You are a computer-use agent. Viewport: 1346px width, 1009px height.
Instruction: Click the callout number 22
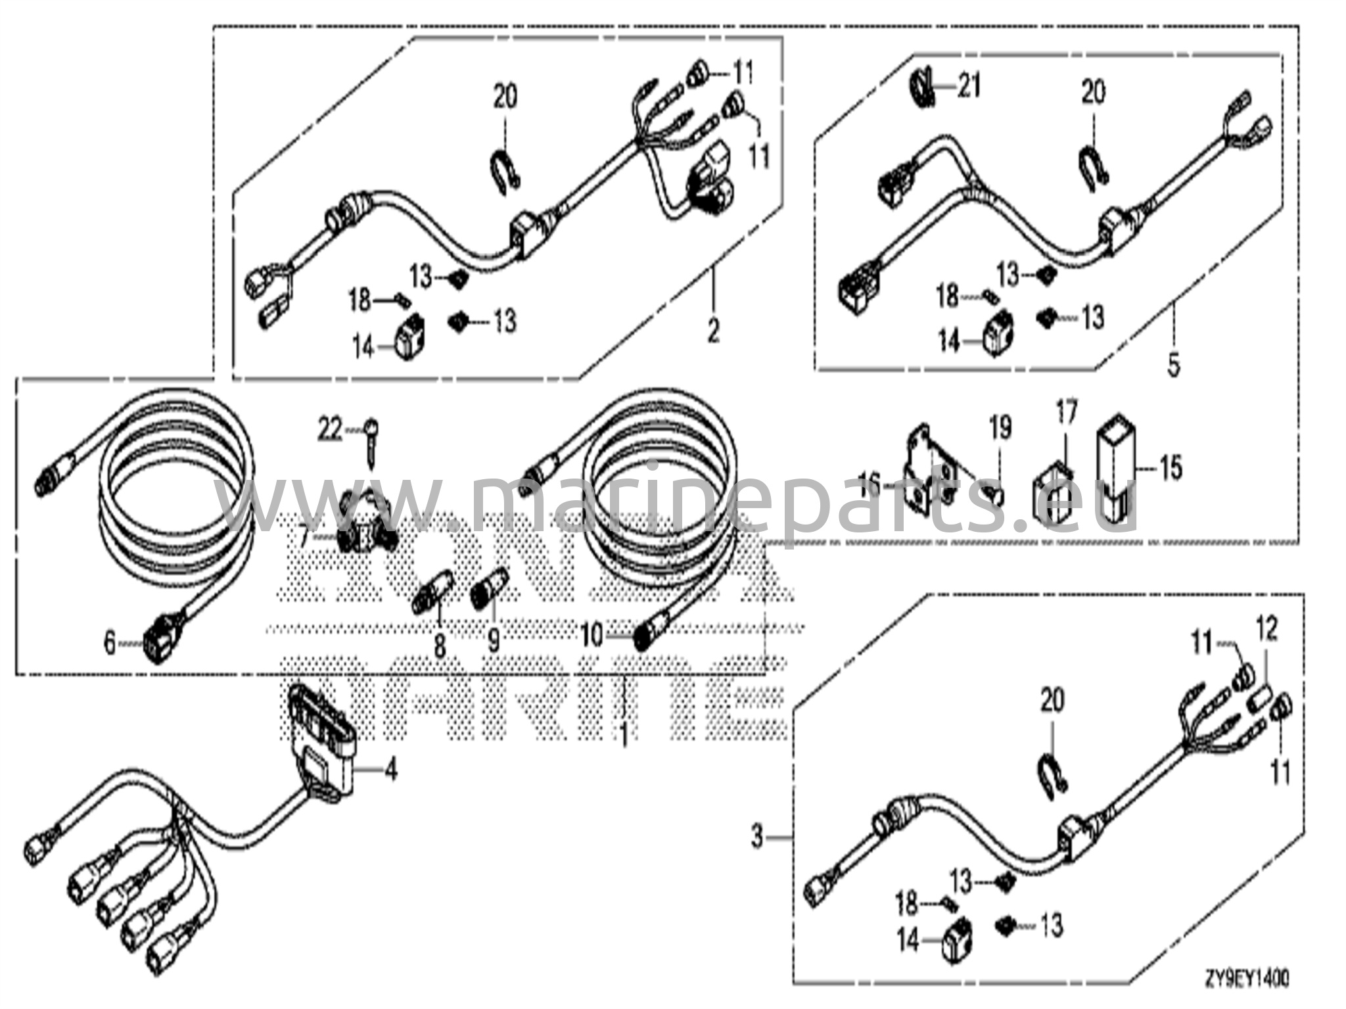click(x=331, y=430)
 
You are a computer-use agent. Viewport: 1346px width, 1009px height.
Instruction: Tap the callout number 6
click(x=109, y=642)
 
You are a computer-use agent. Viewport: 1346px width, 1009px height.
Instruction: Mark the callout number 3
click(x=758, y=837)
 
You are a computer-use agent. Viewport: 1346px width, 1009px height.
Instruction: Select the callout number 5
click(x=1174, y=364)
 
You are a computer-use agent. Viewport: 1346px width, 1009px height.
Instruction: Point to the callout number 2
click(x=713, y=330)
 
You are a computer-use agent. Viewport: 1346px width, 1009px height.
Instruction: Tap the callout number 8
click(x=439, y=645)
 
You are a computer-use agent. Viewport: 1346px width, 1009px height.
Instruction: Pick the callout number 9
click(x=493, y=639)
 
